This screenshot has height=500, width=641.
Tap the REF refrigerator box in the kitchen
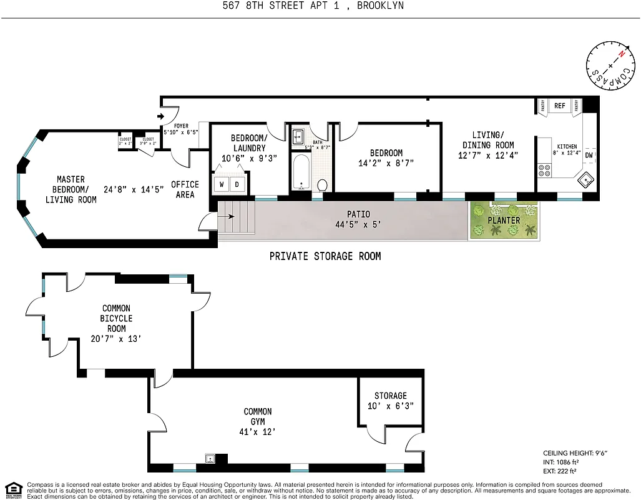(x=560, y=106)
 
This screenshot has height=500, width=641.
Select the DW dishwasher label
(x=589, y=155)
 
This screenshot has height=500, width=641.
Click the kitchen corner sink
(x=587, y=181)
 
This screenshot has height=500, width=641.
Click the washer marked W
(x=222, y=184)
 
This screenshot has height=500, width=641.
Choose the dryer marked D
(x=238, y=184)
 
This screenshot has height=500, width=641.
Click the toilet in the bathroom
(x=323, y=184)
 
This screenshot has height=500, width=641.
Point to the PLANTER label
(x=504, y=221)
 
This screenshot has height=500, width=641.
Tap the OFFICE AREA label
(x=185, y=189)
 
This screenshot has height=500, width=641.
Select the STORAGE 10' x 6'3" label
(x=390, y=401)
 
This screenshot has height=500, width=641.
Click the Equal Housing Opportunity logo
(x=12, y=489)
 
